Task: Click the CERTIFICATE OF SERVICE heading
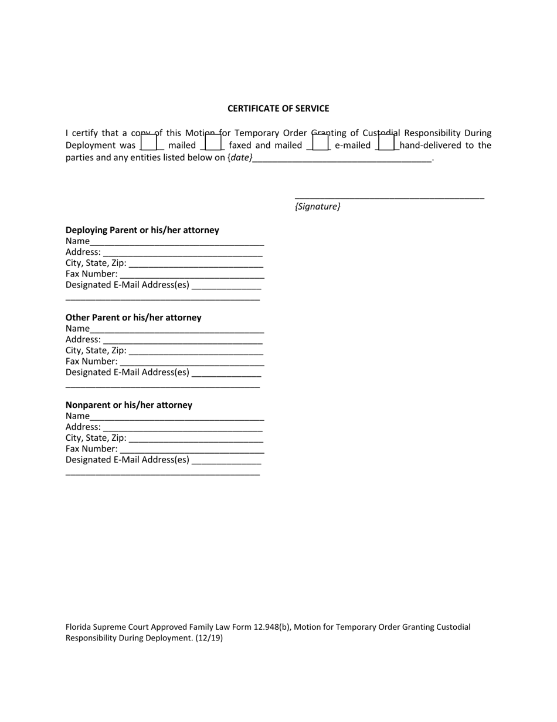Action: point(278,109)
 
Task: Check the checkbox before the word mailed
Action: point(149,142)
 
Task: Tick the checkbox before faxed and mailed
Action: point(212,142)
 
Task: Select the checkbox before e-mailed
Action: point(320,142)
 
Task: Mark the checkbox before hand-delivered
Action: point(386,142)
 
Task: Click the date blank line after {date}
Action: point(343,158)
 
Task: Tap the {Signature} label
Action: point(317,207)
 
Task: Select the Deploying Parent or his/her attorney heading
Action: point(142,230)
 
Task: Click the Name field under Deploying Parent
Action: point(177,241)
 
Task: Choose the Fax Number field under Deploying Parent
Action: point(192,274)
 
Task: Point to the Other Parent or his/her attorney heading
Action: point(134,318)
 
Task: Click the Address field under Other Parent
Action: point(182,340)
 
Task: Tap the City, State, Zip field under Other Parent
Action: point(196,351)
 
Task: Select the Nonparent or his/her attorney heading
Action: point(129,405)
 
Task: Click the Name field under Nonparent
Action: point(177,416)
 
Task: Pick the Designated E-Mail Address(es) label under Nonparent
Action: point(128,460)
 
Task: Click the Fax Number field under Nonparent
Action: point(192,449)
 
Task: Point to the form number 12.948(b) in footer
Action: point(272,627)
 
